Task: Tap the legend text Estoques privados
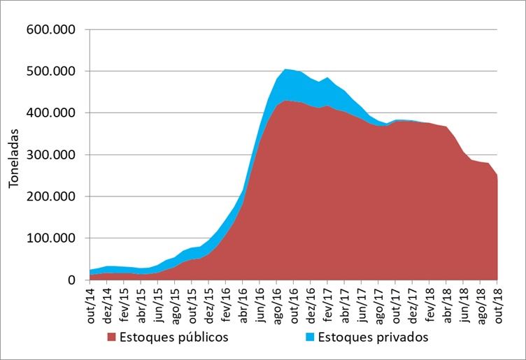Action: click(x=368, y=337)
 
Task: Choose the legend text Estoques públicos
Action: click(x=173, y=337)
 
